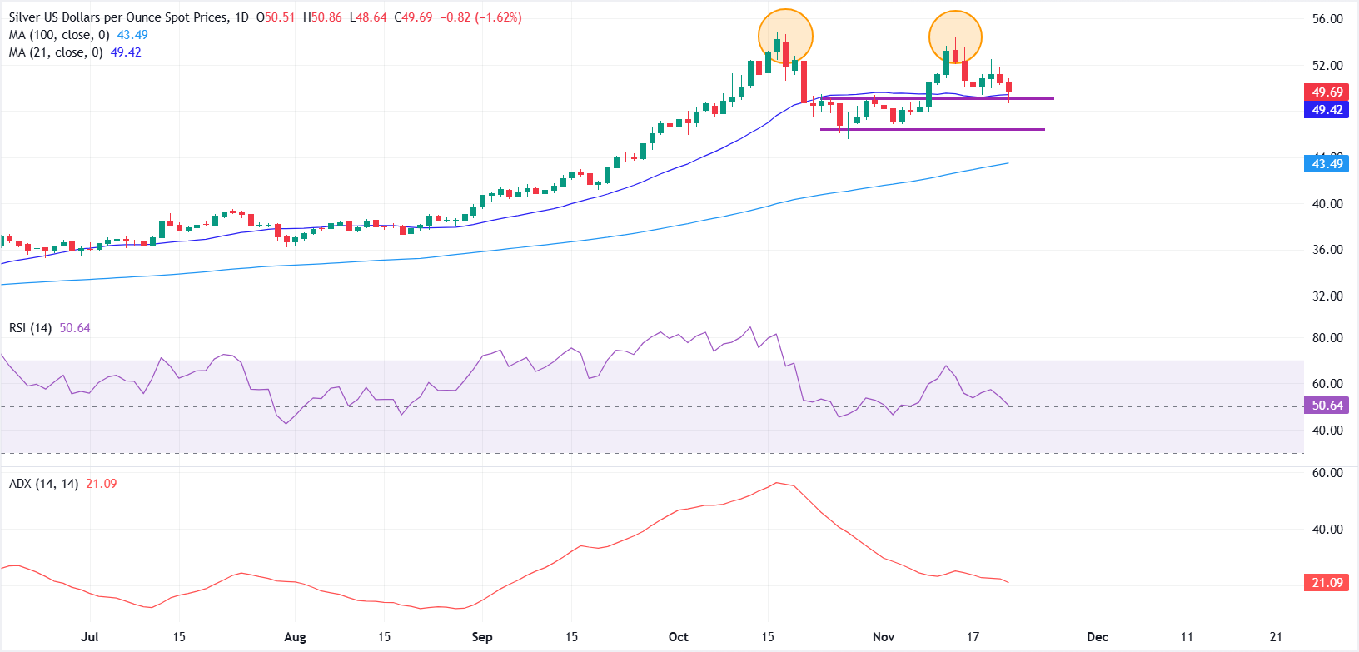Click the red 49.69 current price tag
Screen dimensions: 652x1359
pos(1327,92)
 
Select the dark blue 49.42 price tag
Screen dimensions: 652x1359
pos(1327,110)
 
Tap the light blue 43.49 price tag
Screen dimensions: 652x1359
pos(1327,164)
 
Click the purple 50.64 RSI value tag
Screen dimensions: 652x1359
pos(1327,406)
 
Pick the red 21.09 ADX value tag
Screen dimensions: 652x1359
pos(1327,583)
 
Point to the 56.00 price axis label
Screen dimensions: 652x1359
pos(1327,19)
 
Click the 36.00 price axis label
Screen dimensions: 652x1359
pos(1327,250)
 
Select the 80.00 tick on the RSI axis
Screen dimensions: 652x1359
pos(1327,338)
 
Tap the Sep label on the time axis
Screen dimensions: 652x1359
pos(482,637)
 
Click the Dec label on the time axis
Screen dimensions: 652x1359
pos(1098,637)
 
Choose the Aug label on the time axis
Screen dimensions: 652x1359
pos(295,637)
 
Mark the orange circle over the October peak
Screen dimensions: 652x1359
pos(785,37)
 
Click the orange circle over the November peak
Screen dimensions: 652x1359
pos(956,37)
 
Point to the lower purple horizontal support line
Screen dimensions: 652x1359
pos(933,130)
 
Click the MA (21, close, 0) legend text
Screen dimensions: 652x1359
pos(57,52)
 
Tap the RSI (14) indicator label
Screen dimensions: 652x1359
pos(30,328)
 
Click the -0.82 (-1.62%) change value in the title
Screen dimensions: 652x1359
pos(480,17)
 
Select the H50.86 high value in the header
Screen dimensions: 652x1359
pos(322,17)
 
